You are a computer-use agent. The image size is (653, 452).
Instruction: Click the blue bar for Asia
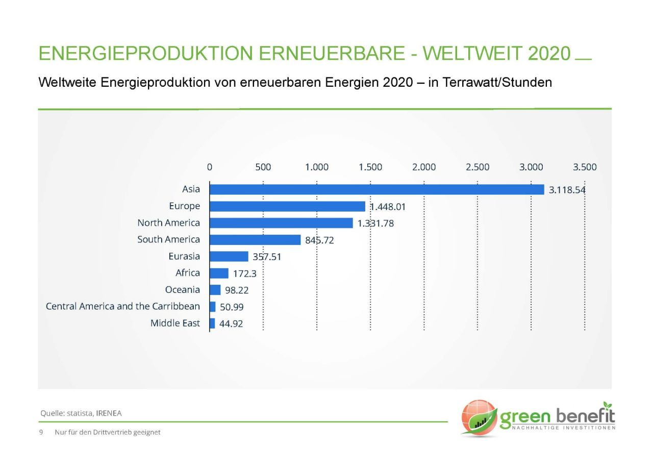[377, 189]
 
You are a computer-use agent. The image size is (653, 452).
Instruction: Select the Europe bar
[288, 206]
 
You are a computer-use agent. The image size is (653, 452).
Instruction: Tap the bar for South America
[255, 240]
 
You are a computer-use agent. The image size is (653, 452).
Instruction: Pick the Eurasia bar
[229, 257]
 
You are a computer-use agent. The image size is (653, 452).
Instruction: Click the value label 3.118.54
[567, 190]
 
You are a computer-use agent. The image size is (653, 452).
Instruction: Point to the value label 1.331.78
[375, 223]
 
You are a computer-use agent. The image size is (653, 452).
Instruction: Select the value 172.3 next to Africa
[245, 273]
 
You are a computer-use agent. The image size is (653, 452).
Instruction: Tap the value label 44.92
[231, 323]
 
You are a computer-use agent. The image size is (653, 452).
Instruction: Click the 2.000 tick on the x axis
[424, 167]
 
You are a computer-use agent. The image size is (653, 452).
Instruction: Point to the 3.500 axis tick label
[585, 167]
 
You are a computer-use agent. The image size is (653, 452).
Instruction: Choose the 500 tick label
[263, 167]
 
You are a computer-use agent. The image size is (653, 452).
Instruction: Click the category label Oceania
[183, 290]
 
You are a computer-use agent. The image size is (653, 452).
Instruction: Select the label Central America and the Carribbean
[123, 307]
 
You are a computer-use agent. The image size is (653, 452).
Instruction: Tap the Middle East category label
[175, 323]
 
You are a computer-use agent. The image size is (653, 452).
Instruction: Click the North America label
[169, 223]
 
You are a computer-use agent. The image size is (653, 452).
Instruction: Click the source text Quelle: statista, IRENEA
[81, 413]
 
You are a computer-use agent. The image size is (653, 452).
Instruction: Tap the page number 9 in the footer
[41, 432]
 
